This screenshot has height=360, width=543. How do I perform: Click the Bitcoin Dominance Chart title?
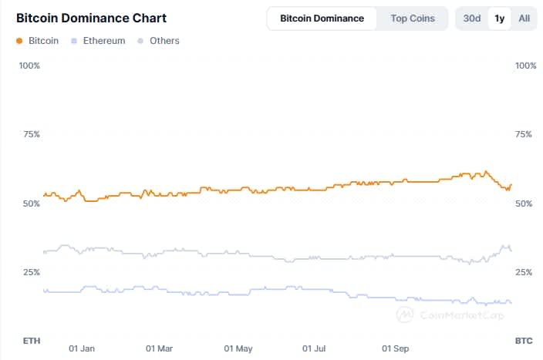click(91, 18)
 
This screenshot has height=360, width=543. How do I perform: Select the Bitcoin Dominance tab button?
click(322, 19)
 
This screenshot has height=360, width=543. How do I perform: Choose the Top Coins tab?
click(413, 19)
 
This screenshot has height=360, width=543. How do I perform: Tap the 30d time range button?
click(472, 19)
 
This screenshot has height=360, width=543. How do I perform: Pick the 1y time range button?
click(499, 19)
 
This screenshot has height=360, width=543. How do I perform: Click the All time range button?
click(524, 19)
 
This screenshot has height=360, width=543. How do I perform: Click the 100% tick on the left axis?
click(29, 66)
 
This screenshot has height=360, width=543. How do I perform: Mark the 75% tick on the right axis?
click(524, 134)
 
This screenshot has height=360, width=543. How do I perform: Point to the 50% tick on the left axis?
click(29, 204)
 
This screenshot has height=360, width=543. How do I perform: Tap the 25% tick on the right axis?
click(524, 272)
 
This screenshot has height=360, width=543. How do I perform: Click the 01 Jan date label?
click(82, 348)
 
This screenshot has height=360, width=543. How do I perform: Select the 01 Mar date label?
click(160, 348)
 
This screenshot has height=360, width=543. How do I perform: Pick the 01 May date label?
click(238, 348)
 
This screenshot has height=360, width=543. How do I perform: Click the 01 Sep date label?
click(396, 348)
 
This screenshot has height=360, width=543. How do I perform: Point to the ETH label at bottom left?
click(32, 340)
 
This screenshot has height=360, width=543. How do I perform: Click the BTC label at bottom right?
click(524, 340)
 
